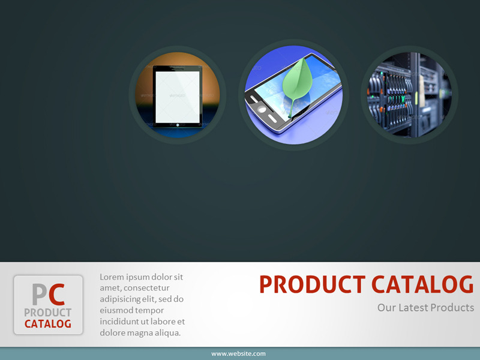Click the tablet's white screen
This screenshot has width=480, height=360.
pos(177,96)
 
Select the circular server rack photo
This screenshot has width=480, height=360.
pos(409,95)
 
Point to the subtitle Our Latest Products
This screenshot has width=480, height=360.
pos(425,308)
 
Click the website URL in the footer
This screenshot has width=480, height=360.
pos(238,354)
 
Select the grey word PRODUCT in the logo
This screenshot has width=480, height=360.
pos(48,313)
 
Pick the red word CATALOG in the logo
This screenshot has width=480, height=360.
pos(48,324)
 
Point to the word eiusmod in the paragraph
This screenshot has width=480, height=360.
pos(116,310)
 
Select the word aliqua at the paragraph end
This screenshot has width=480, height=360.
pos(166,332)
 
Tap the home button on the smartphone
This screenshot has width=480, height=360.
pos(262,109)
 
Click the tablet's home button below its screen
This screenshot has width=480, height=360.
pos(177,126)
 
